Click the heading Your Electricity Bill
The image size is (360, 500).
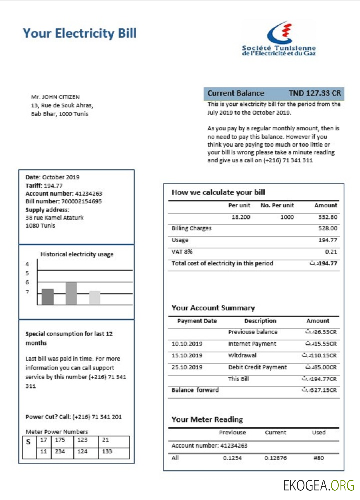tap(79, 34)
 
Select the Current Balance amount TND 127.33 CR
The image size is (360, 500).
tap(315, 93)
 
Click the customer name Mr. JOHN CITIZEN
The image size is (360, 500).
tap(55, 97)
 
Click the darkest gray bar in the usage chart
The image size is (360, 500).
tap(48, 297)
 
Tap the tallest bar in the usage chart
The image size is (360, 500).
tap(71, 293)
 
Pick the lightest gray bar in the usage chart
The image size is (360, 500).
tap(95, 297)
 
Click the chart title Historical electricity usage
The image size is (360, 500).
tap(77, 254)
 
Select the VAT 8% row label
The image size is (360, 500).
tap(182, 252)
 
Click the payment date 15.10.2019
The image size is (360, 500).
tap(187, 356)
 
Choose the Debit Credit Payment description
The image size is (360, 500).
tap(257, 367)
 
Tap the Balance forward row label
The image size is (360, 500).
tap(195, 390)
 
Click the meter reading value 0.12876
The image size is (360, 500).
tap(275, 458)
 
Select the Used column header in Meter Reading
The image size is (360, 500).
tap(318, 433)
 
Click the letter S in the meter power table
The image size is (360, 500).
tap(28, 442)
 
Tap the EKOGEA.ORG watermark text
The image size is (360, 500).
tap(318, 485)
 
